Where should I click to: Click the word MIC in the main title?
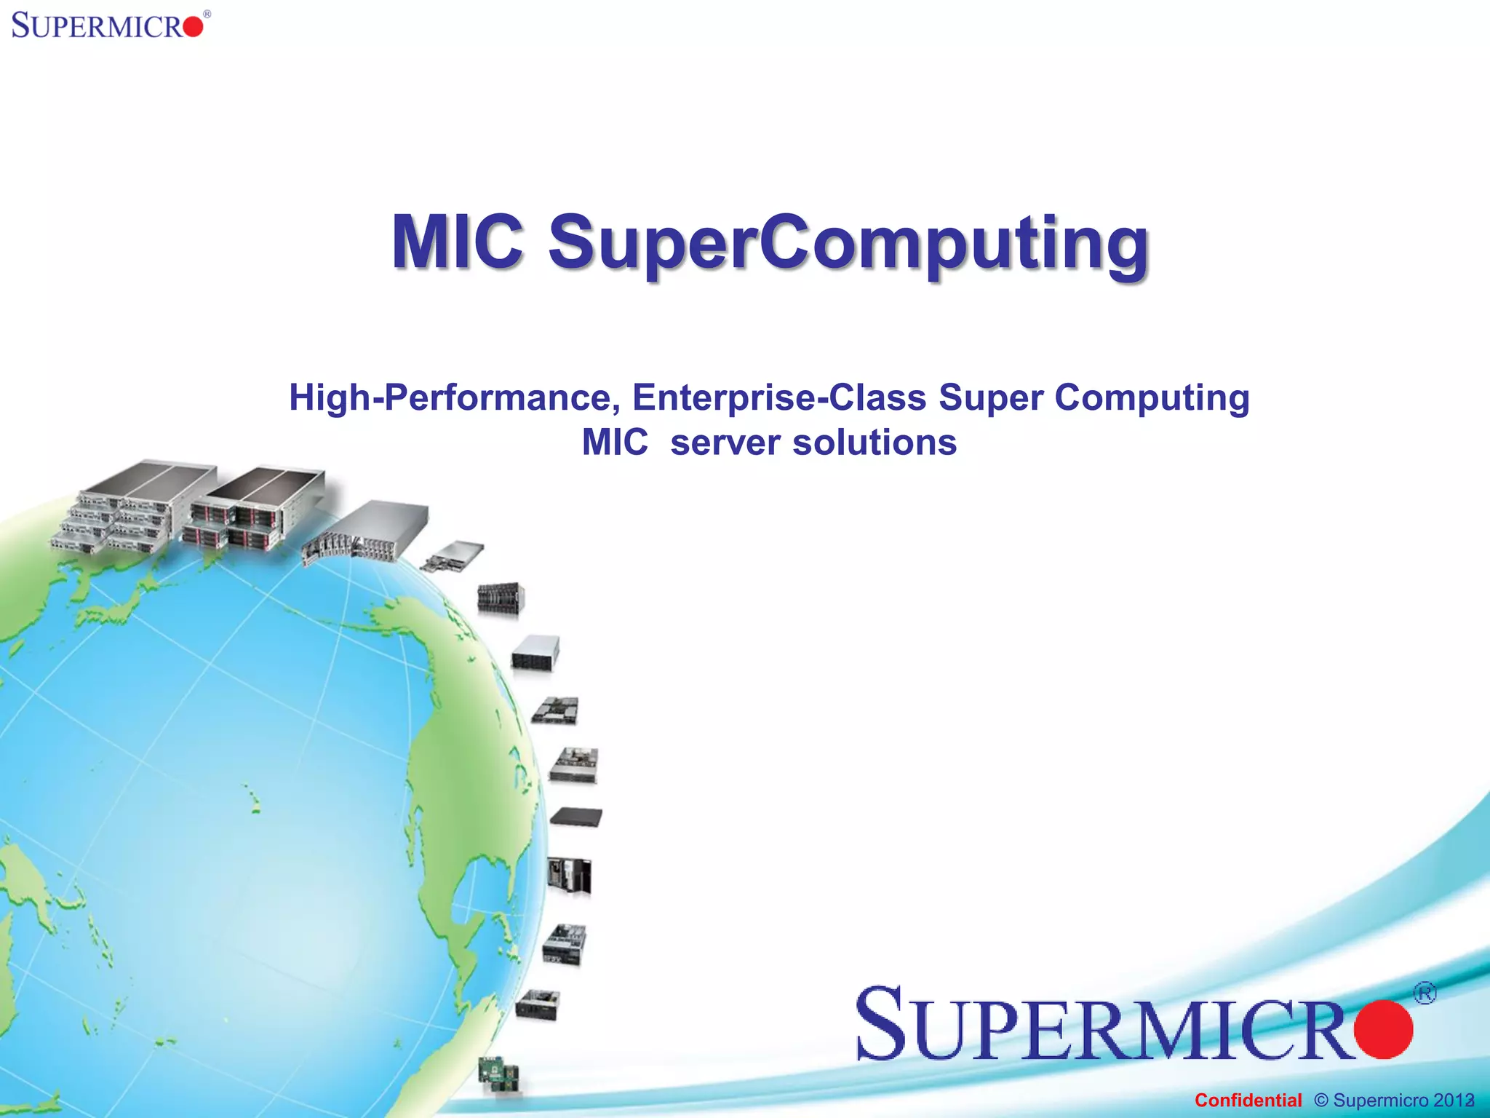click(x=457, y=242)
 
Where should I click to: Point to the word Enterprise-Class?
click(x=779, y=398)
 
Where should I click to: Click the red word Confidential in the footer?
click(x=1248, y=1100)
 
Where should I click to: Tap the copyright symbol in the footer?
click(x=1321, y=1100)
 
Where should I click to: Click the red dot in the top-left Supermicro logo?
click(x=193, y=28)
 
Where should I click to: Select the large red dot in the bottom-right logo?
click(x=1383, y=1029)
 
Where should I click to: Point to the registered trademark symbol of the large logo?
click(x=1425, y=993)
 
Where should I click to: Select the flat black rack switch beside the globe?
click(x=576, y=817)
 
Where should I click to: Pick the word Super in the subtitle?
click(x=991, y=398)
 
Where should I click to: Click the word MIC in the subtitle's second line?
click(x=615, y=443)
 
